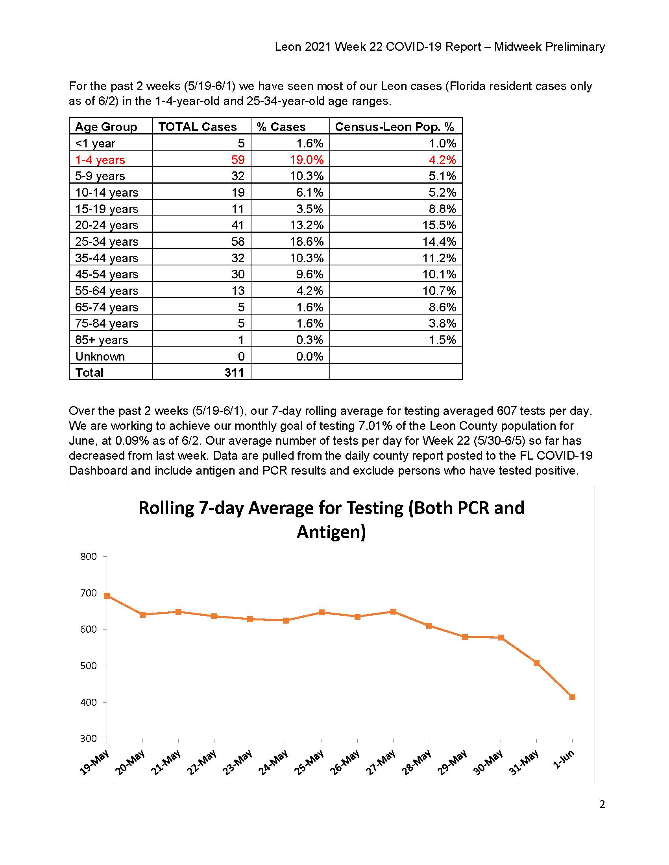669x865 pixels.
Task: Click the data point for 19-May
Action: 107,596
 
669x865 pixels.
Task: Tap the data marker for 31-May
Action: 537,663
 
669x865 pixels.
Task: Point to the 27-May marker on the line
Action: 393,611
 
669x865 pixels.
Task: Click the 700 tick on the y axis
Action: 89,593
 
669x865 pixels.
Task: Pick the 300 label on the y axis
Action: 89,739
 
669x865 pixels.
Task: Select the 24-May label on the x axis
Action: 273,762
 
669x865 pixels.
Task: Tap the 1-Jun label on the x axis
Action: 563,759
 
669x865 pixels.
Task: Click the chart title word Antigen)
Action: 331,532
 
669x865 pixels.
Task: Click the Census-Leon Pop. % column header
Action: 394,127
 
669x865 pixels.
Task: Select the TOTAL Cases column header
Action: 198,127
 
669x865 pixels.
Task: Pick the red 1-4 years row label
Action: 100,160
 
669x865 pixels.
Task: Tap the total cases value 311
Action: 234,372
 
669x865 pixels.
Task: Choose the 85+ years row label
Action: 102,340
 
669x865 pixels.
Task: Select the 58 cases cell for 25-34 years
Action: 238,241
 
